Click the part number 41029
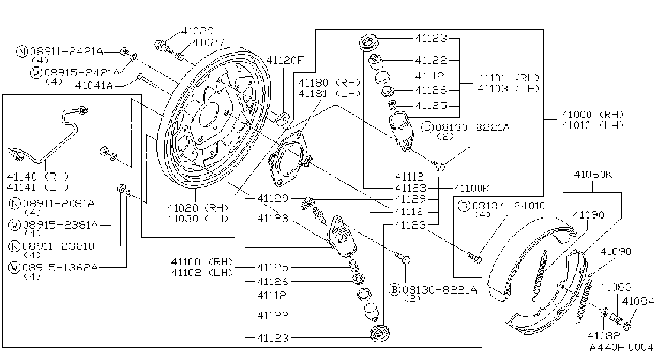198,31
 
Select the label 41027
209,42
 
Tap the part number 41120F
284,61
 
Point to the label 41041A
94,85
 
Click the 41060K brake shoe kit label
593,175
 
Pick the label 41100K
472,188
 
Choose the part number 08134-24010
508,206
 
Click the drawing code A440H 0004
621,348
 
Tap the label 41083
615,287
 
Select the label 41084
638,302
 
